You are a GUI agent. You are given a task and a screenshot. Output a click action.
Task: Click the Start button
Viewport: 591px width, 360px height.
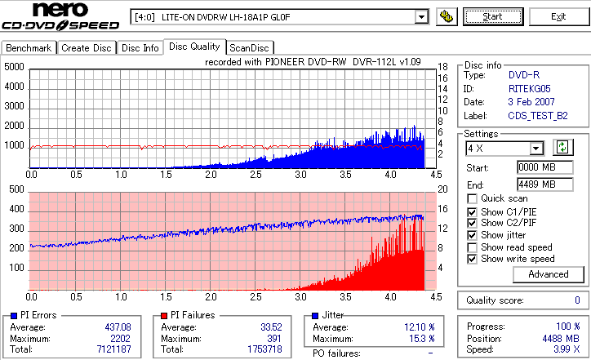point(493,16)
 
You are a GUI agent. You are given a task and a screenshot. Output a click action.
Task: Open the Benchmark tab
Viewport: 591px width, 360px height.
point(29,48)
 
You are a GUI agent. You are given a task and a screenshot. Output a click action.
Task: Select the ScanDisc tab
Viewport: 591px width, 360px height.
point(250,48)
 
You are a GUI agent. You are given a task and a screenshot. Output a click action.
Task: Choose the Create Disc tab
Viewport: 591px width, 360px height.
point(87,48)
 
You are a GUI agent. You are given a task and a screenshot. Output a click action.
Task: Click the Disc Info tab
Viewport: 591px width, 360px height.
point(140,48)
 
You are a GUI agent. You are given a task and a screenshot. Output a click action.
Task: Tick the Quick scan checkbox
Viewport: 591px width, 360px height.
point(473,198)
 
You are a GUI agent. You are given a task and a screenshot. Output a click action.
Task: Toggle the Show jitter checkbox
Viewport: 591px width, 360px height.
point(473,235)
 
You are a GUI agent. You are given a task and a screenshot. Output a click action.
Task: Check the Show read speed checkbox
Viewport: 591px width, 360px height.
point(473,247)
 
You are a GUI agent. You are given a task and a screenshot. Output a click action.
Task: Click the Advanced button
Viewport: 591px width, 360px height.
point(525,274)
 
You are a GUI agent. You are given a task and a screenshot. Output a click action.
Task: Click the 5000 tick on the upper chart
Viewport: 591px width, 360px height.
point(14,67)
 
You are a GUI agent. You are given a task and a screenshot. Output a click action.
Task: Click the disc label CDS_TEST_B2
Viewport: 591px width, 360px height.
point(537,116)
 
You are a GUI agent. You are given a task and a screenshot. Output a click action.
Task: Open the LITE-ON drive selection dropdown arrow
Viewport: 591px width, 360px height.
point(421,16)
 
